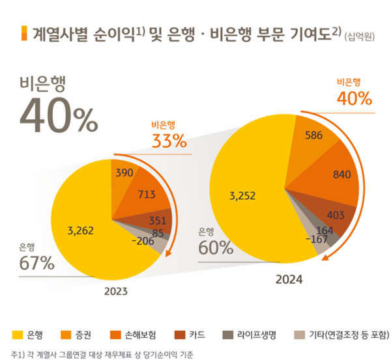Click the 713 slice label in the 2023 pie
(x=146, y=194)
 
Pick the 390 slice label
(x=124, y=173)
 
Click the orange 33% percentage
(x=169, y=140)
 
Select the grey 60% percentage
(x=216, y=247)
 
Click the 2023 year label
(x=115, y=290)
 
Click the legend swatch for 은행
(x=17, y=335)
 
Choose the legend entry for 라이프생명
(x=250, y=335)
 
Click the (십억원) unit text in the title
(x=362, y=36)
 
